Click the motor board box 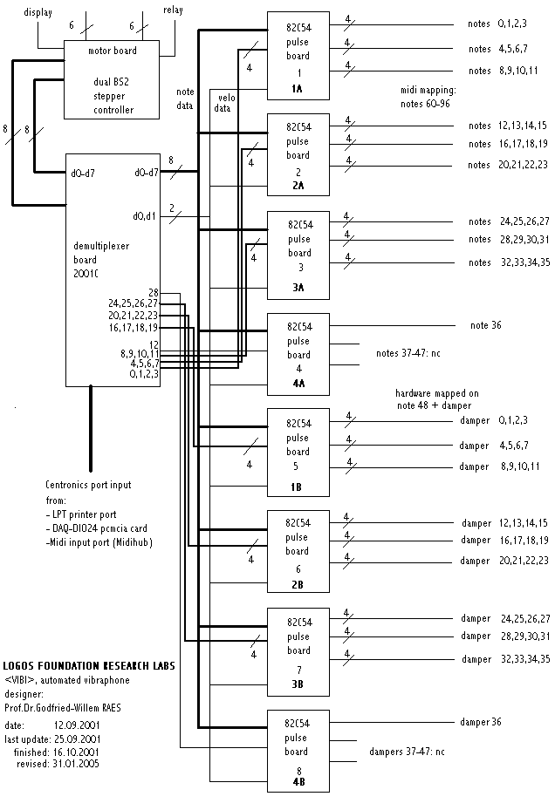[x=113, y=79]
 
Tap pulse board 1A [x=298, y=58]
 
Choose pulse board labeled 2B [x=298, y=551]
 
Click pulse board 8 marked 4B [x=298, y=751]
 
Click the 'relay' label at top [x=174, y=10]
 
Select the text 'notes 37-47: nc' [x=409, y=353]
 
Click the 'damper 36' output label [x=482, y=722]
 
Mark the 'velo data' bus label [x=224, y=104]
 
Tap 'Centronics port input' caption [x=89, y=485]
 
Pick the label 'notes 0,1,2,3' [x=497, y=24]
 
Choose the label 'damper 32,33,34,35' [x=506, y=659]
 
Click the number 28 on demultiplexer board [x=153, y=292]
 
